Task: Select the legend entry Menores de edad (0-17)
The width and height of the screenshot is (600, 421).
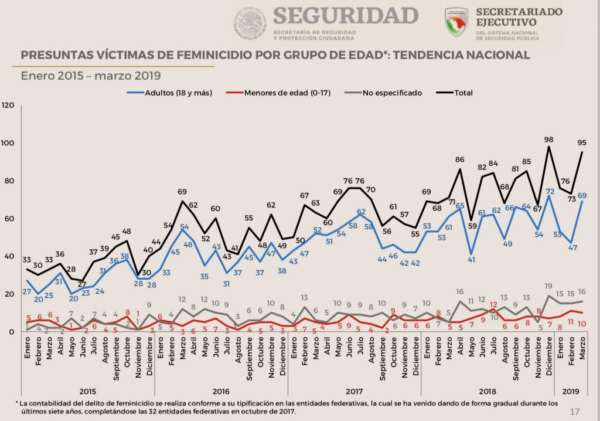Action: pyautogui.click(x=287, y=93)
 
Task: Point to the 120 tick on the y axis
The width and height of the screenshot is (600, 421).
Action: pyautogui.click(x=8, y=106)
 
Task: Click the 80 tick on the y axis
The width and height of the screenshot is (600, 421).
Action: pyautogui.click(x=9, y=181)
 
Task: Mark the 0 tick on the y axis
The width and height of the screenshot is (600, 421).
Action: pyautogui.click(x=12, y=332)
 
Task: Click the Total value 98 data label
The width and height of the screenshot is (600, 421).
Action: pyautogui.click(x=548, y=139)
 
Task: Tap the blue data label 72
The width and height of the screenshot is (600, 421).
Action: pyautogui.click(x=550, y=191)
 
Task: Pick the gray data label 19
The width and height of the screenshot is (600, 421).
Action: pyautogui.click(x=548, y=286)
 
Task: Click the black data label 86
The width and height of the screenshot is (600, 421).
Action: pyautogui.click(x=460, y=159)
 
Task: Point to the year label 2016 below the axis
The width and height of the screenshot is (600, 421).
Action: pyautogui.click(x=221, y=391)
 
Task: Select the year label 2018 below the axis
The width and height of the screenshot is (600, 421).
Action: pyautogui.click(x=487, y=391)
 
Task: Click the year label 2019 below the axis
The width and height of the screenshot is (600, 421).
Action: pyautogui.click(x=570, y=391)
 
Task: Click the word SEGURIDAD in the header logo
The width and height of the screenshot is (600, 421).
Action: pyautogui.click(x=345, y=15)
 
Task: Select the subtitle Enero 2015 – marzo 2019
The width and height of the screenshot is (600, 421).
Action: pyautogui.click(x=91, y=76)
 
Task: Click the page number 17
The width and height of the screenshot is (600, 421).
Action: pyautogui.click(x=575, y=411)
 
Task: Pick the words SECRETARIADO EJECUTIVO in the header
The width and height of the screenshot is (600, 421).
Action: pyautogui.click(x=519, y=17)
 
